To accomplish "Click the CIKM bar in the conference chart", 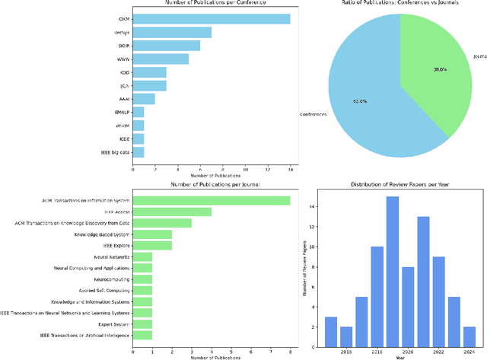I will pos(211,19).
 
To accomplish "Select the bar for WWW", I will pos(161,59).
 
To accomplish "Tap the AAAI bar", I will pos(144,98).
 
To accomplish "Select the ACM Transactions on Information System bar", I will pos(211,200).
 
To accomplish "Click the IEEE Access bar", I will pos(172,212).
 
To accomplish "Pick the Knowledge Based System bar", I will pos(152,234).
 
